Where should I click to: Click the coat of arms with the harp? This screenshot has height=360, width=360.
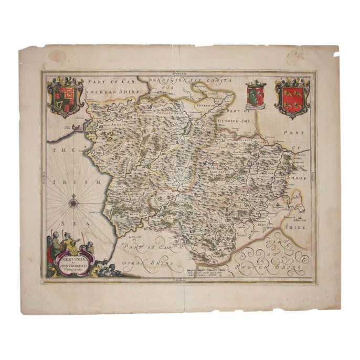pyautogui.click(x=65, y=97)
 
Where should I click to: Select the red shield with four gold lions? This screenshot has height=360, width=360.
pyautogui.click(x=292, y=98)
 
